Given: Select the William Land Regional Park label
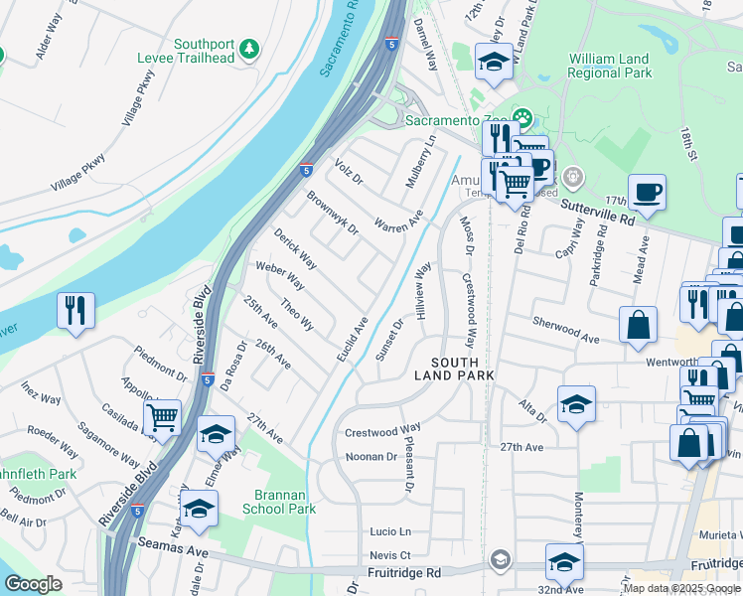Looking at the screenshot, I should tap(609, 67).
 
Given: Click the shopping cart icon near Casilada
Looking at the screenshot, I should tap(162, 417).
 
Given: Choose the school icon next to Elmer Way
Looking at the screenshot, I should tap(216, 435).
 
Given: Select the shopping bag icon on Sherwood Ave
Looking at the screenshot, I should tap(638, 325).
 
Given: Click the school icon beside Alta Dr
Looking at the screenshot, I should tap(576, 404).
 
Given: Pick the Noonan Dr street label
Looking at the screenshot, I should tap(371, 457).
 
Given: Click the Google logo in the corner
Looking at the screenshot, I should tap(33, 584).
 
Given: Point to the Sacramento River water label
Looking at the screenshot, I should tap(339, 42).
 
